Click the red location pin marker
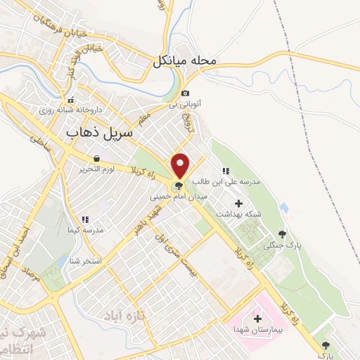[181, 166]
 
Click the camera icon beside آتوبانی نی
[185, 94]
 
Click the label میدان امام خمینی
[179, 198]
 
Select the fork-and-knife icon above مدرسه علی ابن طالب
[226, 171]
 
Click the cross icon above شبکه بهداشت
[239, 203]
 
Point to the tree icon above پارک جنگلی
[283, 234]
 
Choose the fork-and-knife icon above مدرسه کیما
[84, 220]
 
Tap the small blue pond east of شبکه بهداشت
[283, 208]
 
